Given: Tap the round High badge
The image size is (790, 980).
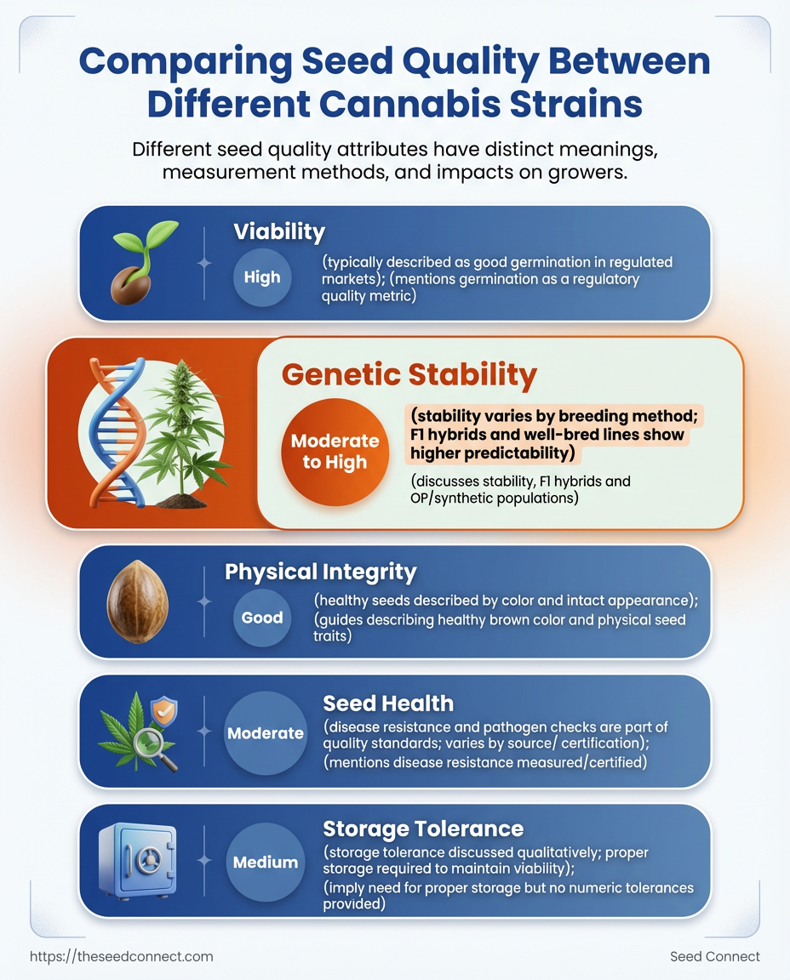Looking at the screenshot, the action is coord(262,277).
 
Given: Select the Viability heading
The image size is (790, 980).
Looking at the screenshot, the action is coord(279,232).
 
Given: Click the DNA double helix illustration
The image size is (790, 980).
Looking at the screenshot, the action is coord(117,431).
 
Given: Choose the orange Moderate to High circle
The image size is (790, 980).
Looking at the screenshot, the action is coord(335,452).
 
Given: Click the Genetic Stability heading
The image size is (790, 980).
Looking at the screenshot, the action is coord(409,374).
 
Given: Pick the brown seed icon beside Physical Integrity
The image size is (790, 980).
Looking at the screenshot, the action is coord(138,601).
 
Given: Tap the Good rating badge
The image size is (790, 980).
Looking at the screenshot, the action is coord(262,618).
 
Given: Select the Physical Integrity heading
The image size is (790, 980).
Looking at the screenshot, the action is coord(320,572).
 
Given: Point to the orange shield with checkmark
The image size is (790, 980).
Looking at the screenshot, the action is coord(164,711).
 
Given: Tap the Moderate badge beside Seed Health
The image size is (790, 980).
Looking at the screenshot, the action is coord(266,733).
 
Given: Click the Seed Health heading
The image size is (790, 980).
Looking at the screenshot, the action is coord(388,704).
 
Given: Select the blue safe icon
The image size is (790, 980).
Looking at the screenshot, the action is coord(138,860).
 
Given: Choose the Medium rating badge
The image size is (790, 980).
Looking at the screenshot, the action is coord(266,863).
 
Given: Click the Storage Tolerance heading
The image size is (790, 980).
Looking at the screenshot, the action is coord(423,829).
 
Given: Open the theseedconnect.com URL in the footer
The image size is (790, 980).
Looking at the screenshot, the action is coord(122,956).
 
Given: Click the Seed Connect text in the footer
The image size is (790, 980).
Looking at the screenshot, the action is coord(714,956).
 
